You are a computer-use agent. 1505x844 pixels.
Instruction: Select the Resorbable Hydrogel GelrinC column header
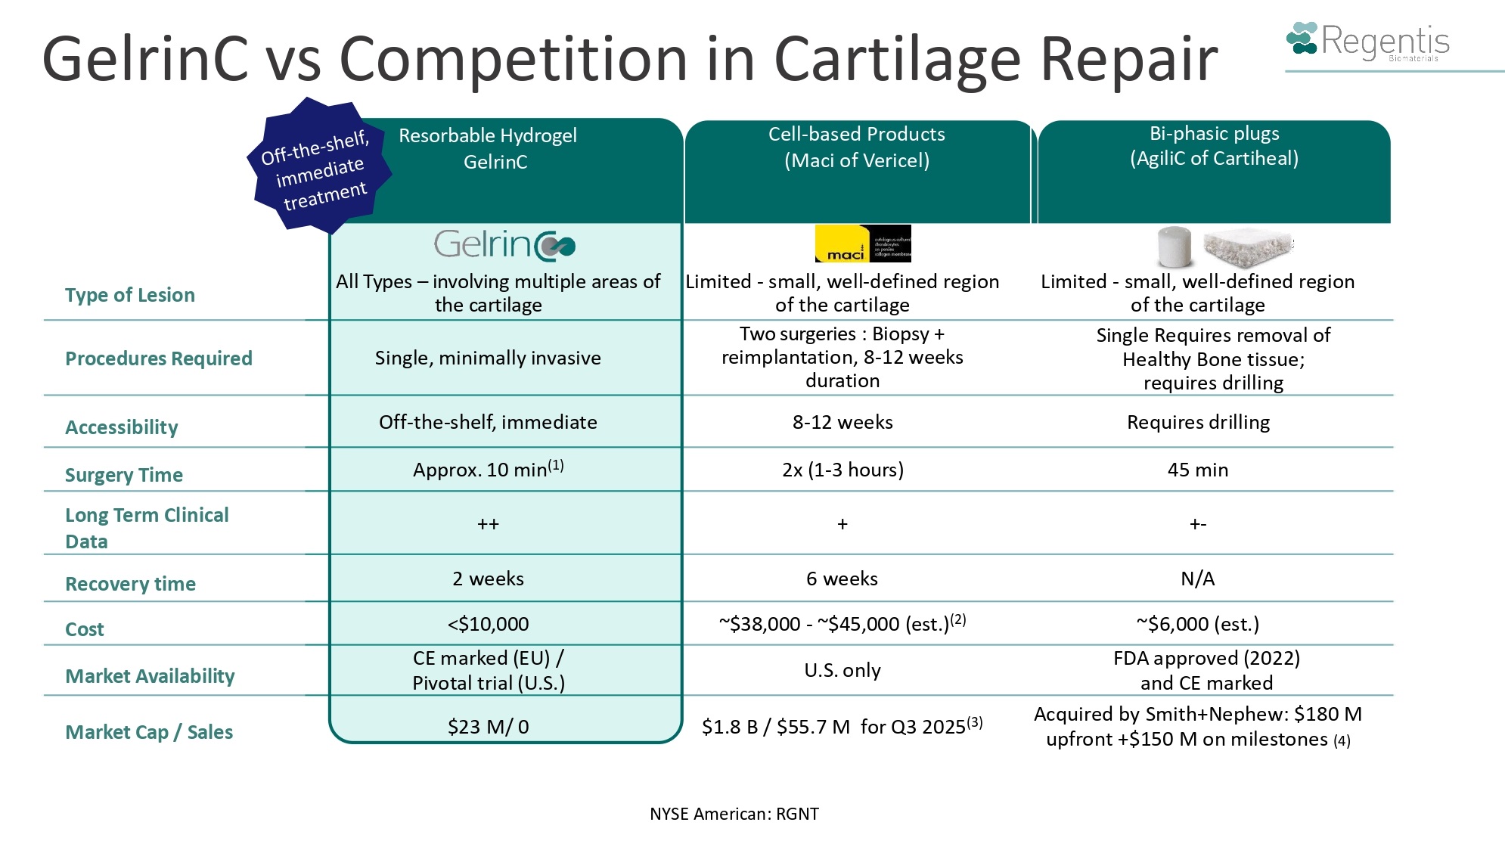pos(489,149)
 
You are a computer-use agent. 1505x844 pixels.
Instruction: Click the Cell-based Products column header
pos(857,147)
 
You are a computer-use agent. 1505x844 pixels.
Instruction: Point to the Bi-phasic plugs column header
pos(1214,146)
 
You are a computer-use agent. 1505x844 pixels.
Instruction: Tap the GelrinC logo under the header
pos(504,245)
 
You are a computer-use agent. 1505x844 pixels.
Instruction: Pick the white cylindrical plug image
pos(1175,246)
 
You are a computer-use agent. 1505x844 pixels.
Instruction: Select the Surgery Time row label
pos(124,475)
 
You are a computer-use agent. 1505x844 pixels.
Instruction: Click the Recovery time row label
pos(130,584)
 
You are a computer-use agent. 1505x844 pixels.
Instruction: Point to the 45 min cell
pos(1198,470)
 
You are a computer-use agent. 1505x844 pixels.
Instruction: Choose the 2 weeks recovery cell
pos(488,579)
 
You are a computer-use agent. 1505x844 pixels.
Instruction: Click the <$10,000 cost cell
pos(488,625)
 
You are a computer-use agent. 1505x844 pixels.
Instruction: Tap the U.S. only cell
pos(842,671)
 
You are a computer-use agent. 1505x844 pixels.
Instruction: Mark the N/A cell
pos(1198,579)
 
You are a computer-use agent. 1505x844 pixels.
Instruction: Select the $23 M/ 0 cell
pos(488,728)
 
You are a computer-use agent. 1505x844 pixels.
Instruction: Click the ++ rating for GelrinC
pos(488,524)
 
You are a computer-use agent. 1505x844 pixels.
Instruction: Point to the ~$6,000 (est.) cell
pos(1198,625)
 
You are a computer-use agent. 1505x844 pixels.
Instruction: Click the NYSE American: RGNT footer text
pos(734,815)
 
